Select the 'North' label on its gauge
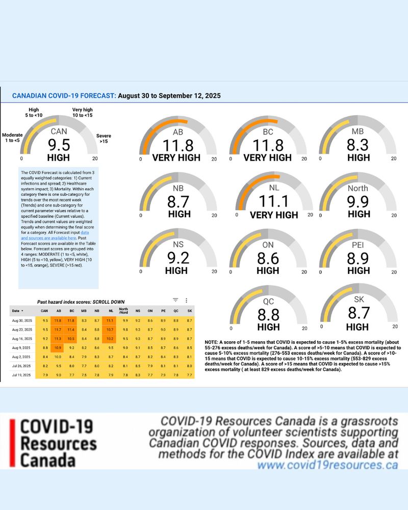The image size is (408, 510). tap(358, 188)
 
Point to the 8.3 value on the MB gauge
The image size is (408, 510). tap(358, 146)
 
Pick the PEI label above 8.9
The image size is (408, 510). tap(358, 245)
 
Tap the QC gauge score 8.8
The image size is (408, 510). tap(268, 313)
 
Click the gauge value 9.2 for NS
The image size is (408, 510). tap(176, 258)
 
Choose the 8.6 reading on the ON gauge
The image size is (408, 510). tap(268, 258)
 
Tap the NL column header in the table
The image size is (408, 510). tap(111, 311)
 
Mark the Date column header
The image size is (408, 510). tap(16, 311)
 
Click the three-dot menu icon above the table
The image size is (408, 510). tap(187, 301)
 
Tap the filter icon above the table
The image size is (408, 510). tap(175, 301)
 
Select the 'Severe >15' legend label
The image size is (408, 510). tap(104, 139)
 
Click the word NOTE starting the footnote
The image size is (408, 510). tap(212, 342)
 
